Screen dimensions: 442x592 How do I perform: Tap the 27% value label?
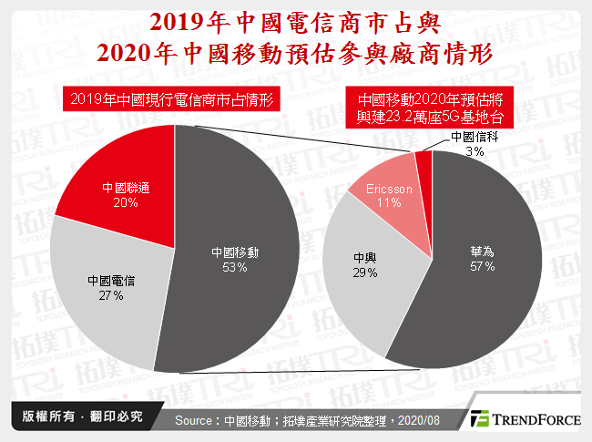112,295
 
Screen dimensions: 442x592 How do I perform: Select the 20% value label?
126,204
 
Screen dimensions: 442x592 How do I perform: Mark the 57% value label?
483,266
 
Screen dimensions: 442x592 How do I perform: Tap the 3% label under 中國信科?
475,150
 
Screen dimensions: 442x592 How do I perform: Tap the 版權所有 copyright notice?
77,416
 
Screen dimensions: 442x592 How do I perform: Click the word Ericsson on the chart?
390,189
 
